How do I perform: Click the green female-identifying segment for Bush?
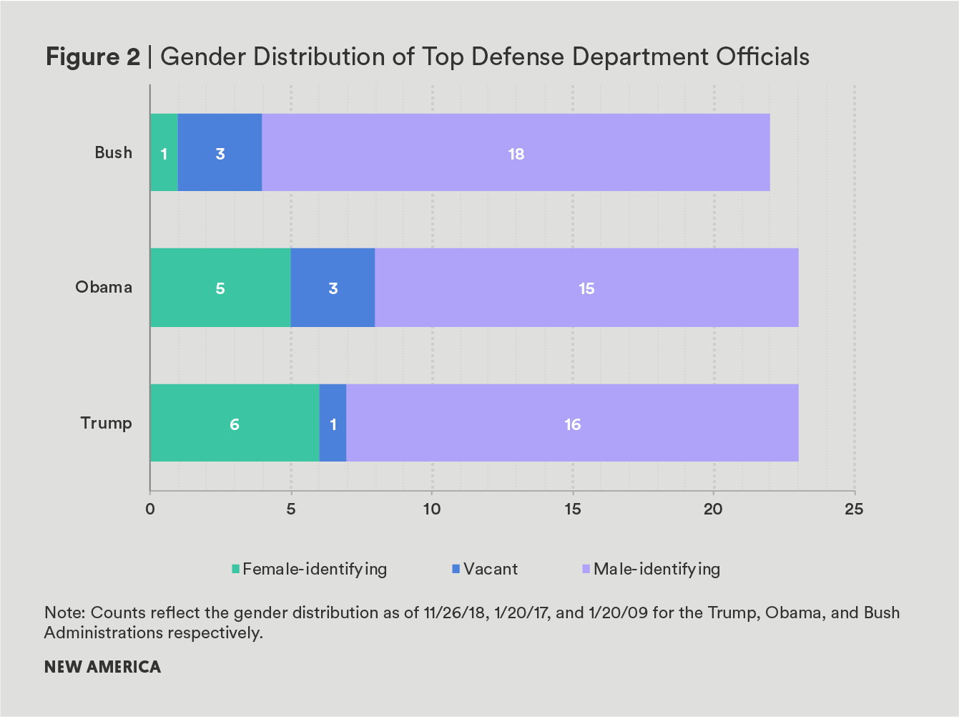point(164,152)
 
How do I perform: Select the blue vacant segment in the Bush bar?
point(220,152)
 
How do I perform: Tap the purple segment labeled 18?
point(516,152)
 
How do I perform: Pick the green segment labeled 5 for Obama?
point(220,288)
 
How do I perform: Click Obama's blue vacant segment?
point(333,288)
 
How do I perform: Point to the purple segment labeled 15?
point(586,288)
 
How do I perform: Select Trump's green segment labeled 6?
point(234,424)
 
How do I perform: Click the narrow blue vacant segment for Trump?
point(333,424)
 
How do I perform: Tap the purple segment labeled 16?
point(572,424)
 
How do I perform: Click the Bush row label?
point(114,152)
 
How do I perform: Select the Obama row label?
point(104,288)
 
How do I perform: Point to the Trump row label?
point(106,424)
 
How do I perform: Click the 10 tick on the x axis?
point(431,509)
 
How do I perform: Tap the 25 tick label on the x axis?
point(854,509)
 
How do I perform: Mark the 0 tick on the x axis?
point(150,509)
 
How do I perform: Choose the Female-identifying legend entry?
point(309,570)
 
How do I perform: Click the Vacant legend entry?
point(484,570)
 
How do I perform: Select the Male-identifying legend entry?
point(651,570)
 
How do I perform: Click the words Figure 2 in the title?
point(93,57)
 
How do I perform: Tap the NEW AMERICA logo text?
point(102,667)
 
